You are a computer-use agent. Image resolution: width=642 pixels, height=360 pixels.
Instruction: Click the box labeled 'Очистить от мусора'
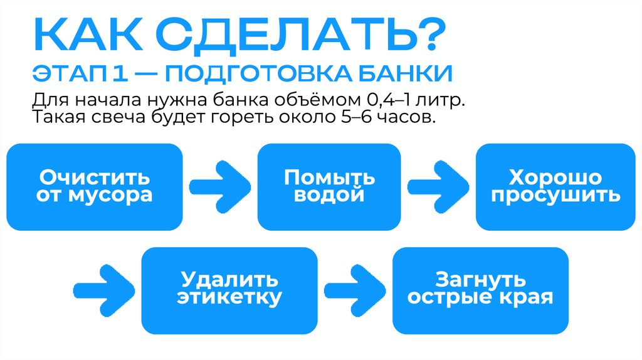point(94,186)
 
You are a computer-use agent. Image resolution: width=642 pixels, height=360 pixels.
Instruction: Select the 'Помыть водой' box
point(329,186)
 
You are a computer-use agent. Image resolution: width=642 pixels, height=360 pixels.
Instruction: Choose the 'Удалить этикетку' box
point(229,289)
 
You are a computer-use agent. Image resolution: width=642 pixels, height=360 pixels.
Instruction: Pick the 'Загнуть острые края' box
point(480,289)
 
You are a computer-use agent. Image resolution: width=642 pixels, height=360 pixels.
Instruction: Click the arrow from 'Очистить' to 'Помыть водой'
point(220,186)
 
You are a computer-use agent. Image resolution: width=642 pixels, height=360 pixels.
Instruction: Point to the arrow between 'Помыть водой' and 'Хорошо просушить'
point(438,186)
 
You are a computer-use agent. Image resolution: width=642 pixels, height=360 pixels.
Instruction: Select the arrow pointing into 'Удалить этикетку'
point(104,289)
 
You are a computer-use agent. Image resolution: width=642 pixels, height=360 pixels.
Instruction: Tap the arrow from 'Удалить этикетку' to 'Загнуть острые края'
point(354,289)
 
